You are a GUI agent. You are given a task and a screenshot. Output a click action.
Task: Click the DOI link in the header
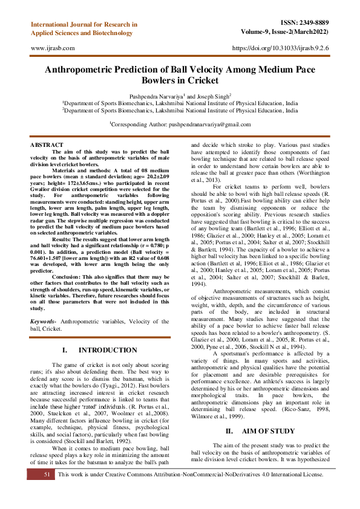[281, 47]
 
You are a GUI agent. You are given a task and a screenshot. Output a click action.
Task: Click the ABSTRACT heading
[47, 145]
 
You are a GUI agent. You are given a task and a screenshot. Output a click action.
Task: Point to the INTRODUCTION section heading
[107, 350]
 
